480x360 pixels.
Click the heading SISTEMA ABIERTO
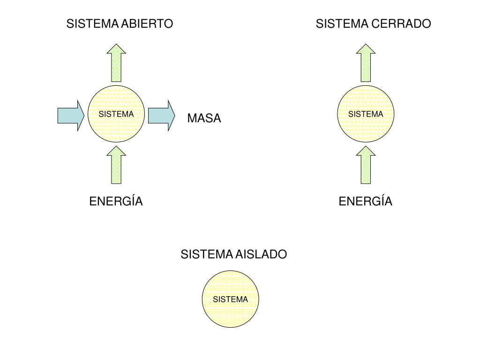click(120, 24)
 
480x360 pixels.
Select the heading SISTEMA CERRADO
click(373, 24)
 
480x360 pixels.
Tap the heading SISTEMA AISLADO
click(233, 255)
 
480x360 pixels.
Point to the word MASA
click(204, 119)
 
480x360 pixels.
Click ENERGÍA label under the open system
click(116, 202)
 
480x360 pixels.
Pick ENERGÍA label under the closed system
click(365, 202)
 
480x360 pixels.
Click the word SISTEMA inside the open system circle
click(116, 114)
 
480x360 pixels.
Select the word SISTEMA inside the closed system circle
click(365, 114)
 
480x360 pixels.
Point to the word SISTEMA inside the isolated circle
click(230, 299)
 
